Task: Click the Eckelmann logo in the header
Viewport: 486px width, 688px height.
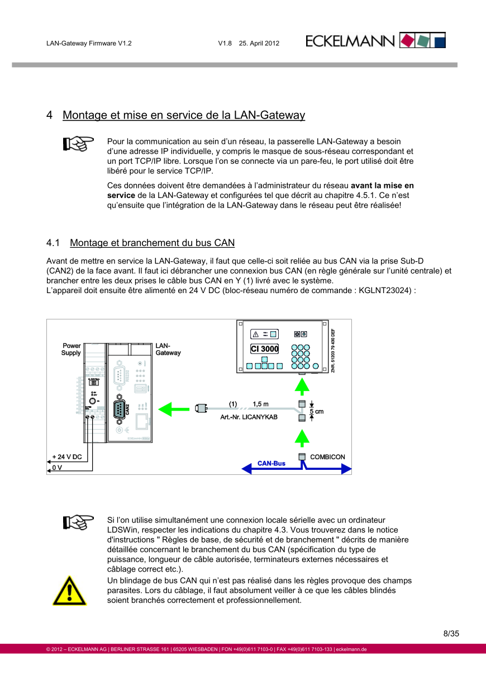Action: pos(375,41)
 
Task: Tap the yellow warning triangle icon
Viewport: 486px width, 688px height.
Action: pos(69,591)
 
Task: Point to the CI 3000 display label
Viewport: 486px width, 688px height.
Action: pos(265,349)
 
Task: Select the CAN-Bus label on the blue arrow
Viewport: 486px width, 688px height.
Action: pos(271,464)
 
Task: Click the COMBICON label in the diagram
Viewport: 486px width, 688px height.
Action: pos(327,457)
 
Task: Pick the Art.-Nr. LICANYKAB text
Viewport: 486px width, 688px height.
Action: pos(250,417)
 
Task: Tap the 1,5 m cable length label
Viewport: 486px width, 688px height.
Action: pos(260,404)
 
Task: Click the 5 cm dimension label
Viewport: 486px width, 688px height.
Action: pos(317,411)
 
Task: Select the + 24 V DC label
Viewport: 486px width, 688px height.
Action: pos(67,457)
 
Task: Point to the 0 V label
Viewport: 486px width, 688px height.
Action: pos(57,468)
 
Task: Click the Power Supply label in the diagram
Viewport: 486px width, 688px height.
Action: pos(71,349)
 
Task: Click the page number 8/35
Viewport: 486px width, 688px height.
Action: pos(451,634)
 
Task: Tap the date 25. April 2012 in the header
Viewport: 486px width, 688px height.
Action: pos(259,43)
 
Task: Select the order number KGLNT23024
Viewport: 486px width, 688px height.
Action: pos(385,290)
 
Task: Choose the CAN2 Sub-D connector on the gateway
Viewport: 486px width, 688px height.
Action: pos(120,409)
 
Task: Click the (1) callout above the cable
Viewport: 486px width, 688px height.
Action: pos(233,404)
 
